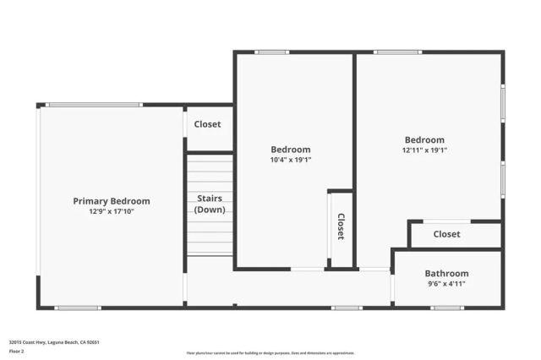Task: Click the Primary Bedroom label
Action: (111, 201)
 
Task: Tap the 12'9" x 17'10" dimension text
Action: (111, 211)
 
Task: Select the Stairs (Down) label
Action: (210, 204)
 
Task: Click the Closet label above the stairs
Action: (207, 124)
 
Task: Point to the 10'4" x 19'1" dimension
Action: (290, 160)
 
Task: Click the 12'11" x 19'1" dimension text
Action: (424, 150)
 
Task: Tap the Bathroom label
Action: (446, 274)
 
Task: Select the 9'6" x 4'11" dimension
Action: (446, 284)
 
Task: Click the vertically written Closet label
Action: (341, 226)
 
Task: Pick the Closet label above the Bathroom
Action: (446, 234)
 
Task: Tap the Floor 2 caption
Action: (17, 351)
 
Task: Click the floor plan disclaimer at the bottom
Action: (270, 353)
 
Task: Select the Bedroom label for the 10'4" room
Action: (290, 150)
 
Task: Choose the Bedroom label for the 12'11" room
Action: (424, 140)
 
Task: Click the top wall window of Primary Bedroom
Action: (94, 105)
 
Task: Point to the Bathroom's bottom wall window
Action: (446, 308)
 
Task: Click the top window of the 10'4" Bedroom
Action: (271, 52)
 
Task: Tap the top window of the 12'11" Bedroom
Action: (397, 52)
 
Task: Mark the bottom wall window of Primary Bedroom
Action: (78, 308)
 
